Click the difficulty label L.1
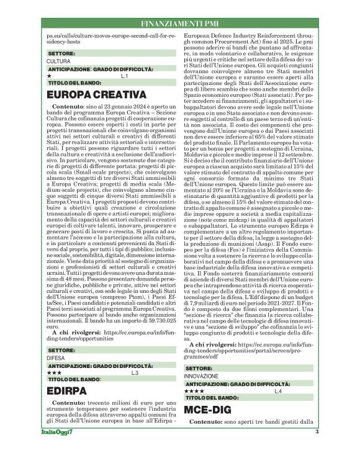124,76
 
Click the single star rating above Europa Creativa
50,76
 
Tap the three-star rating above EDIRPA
54,372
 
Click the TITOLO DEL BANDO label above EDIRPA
74,379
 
